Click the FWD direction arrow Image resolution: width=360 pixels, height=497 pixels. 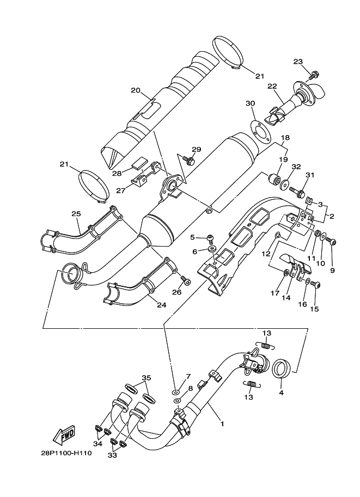click(x=64, y=434)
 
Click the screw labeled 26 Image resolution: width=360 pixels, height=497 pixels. click(x=186, y=280)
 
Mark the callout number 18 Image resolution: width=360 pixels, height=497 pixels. click(x=285, y=138)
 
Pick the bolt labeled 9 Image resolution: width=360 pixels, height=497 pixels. click(x=334, y=242)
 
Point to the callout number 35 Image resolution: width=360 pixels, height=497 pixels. click(x=145, y=378)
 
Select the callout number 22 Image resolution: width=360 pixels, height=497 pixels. click(x=272, y=86)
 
